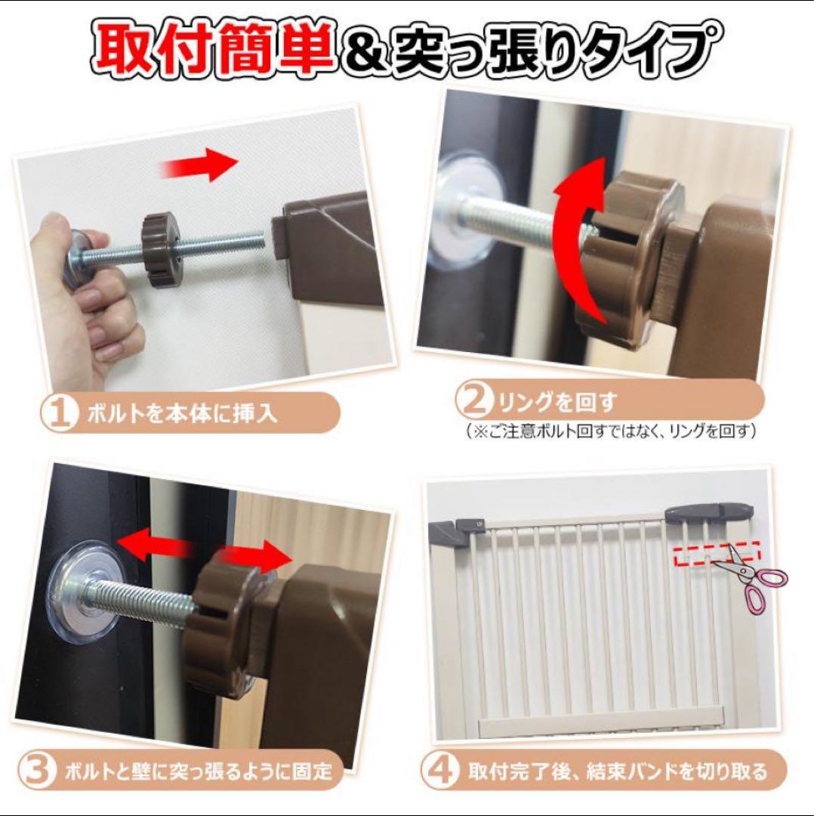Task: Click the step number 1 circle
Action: (x=59, y=413)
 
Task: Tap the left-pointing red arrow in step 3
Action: (x=155, y=542)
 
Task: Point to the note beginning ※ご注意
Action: (x=611, y=431)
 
